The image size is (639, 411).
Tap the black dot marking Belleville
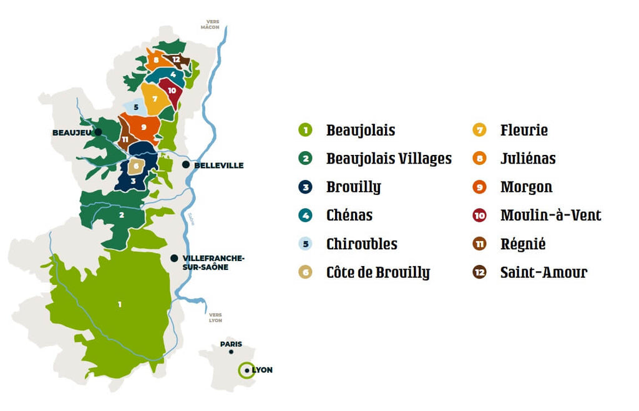pyautogui.click(x=186, y=164)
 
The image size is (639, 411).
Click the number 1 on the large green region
pyautogui.click(x=120, y=304)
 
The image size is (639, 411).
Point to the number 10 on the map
pyautogui.click(x=172, y=91)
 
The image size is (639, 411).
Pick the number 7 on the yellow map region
pyautogui.click(x=154, y=99)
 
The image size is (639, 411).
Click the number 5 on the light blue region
pyautogui.click(x=135, y=107)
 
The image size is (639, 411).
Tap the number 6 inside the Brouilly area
pyautogui.click(x=135, y=166)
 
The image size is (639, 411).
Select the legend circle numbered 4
pyautogui.click(x=305, y=215)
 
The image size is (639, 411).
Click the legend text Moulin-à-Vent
pyautogui.click(x=550, y=215)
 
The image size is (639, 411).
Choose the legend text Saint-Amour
pyautogui.click(x=544, y=272)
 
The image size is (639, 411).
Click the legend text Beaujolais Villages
pyautogui.click(x=389, y=159)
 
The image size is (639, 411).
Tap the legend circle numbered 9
pyautogui.click(x=479, y=187)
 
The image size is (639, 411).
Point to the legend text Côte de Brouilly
pyautogui.click(x=378, y=272)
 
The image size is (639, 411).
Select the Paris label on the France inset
pyautogui.click(x=230, y=344)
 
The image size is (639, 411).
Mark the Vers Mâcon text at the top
pyautogui.click(x=210, y=24)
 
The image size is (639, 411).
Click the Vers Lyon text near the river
pyautogui.click(x=215, y=317)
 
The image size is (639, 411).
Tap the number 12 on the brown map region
pyautogui.click(x=177, y=60)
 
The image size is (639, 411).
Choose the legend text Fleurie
pyautogui.click(x=524, y=131)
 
